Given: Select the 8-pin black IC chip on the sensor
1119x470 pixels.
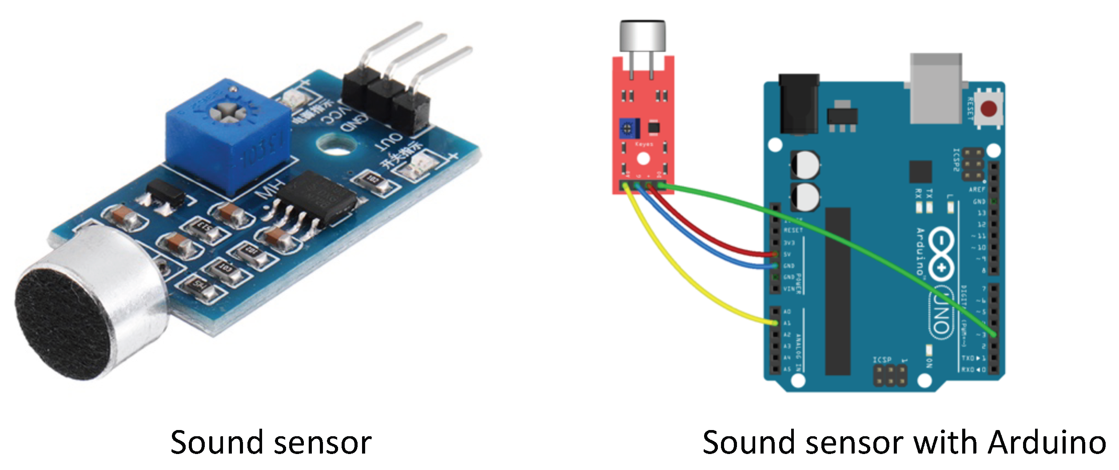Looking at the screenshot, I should (318, 198).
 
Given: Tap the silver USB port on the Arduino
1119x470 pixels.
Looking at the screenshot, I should (936, 89).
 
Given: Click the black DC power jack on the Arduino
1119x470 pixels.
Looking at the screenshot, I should (799, 104).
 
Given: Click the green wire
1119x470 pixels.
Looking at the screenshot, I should (844, 235).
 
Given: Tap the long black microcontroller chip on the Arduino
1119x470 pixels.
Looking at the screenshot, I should (838, 291).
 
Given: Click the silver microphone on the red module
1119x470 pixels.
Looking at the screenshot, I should (643, 36).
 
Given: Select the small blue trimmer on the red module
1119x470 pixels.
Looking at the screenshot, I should (629, 128).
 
